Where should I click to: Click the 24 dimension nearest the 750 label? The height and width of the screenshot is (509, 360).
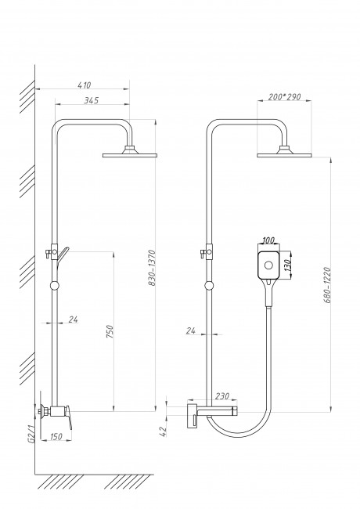(73, 319)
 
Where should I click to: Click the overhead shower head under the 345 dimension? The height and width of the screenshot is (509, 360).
(130, 154)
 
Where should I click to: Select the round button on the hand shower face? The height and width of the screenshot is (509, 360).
(268, 266)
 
